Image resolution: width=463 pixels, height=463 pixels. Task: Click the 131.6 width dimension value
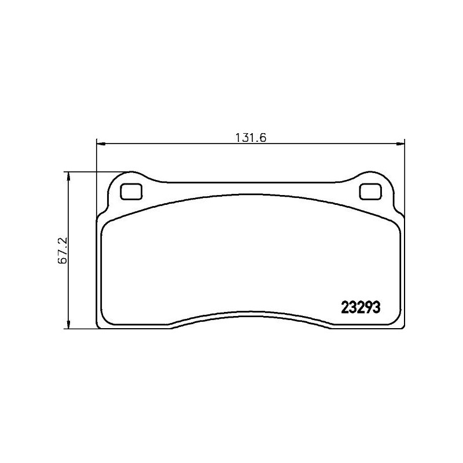coord(249,138)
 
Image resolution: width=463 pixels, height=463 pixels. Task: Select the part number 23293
coord(358,308)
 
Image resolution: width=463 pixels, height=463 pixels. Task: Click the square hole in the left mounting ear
coord(131,191)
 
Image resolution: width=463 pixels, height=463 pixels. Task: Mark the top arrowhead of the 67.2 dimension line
coord(69,175)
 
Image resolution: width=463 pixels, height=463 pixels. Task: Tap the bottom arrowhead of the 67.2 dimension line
coord(69,325)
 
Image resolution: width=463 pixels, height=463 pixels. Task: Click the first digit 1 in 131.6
coord(238,138)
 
